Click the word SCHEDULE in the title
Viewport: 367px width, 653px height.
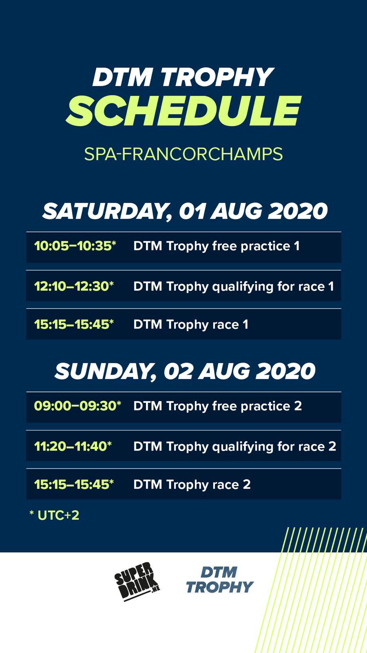[183, 111]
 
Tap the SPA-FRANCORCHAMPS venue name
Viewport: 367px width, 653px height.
[183, 154]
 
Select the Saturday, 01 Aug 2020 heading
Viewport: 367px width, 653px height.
[185, 211]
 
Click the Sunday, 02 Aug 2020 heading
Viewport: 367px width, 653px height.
[185, 371]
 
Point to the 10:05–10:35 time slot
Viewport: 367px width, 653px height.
[75, 246]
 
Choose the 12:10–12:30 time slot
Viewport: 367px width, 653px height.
[74, 286]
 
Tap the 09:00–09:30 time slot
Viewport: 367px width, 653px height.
[77, 406]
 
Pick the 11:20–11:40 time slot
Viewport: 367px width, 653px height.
[73, 446]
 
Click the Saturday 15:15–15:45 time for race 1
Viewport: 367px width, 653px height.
[74, 324]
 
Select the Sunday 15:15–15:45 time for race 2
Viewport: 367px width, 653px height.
[74, 484]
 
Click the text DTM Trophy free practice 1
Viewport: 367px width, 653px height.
[217, 246]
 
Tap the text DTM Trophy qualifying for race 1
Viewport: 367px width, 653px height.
[234, 287]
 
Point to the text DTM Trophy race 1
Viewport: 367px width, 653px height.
[191, 324]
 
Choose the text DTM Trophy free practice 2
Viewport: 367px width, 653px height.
[218, 406]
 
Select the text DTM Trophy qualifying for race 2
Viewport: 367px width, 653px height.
[235, 446]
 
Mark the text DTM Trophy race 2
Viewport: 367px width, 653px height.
[192, 484]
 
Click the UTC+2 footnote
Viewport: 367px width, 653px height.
[55, 515]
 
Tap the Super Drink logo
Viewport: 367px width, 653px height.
[137, 582]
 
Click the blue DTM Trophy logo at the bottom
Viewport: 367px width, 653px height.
[220, 580]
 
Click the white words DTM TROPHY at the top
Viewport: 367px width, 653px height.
[183, 77]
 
